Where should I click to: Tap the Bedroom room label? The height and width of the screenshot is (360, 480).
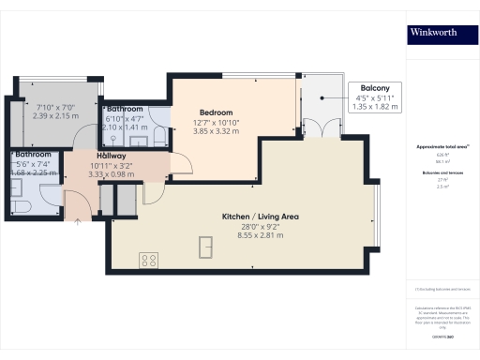pos(217,110)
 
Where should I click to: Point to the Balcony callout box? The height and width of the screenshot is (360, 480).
pos(376,89)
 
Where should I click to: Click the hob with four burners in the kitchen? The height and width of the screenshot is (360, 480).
pos(147,258)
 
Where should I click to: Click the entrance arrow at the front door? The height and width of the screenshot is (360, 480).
pos(77,223)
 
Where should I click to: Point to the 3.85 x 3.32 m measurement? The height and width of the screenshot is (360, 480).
pos(217,131)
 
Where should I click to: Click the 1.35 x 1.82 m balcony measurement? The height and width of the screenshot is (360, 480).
pos(376,106)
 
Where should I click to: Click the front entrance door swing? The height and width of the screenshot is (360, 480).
pos(75,201)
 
